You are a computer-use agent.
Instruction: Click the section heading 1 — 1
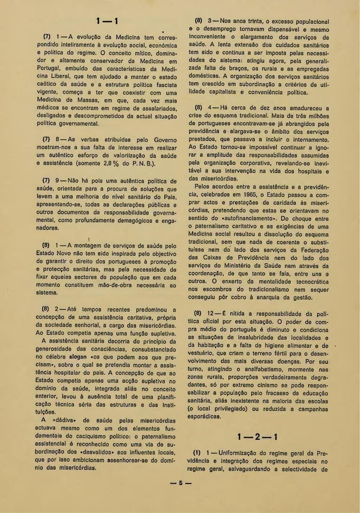pyautogui.click(x=107, y=22)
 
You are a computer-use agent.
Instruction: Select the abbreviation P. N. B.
pyautogui.click(x=141, y=164)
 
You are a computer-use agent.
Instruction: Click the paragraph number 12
pyautogui.click(x=212, y=313)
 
